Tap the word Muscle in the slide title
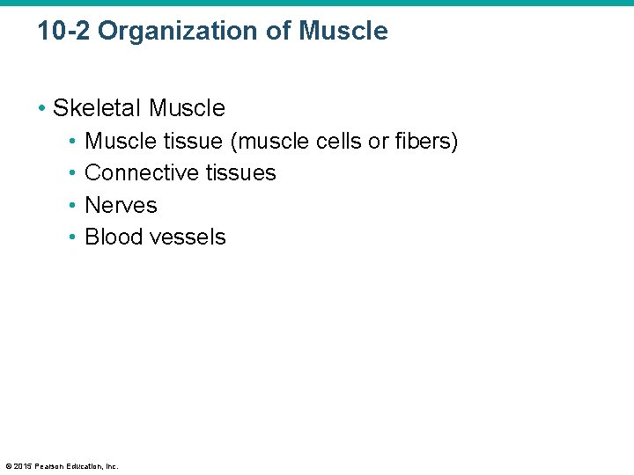[343, 32]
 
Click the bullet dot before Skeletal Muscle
[41, 109]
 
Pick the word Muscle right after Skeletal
[187, 108]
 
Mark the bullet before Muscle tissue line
[73, 142]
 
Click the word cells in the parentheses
[335, 142]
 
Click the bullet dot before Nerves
[73, 206]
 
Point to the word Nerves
[121, 205]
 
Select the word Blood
[113, 237]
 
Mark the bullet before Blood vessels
[73, 237]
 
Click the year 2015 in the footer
[22, 465]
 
